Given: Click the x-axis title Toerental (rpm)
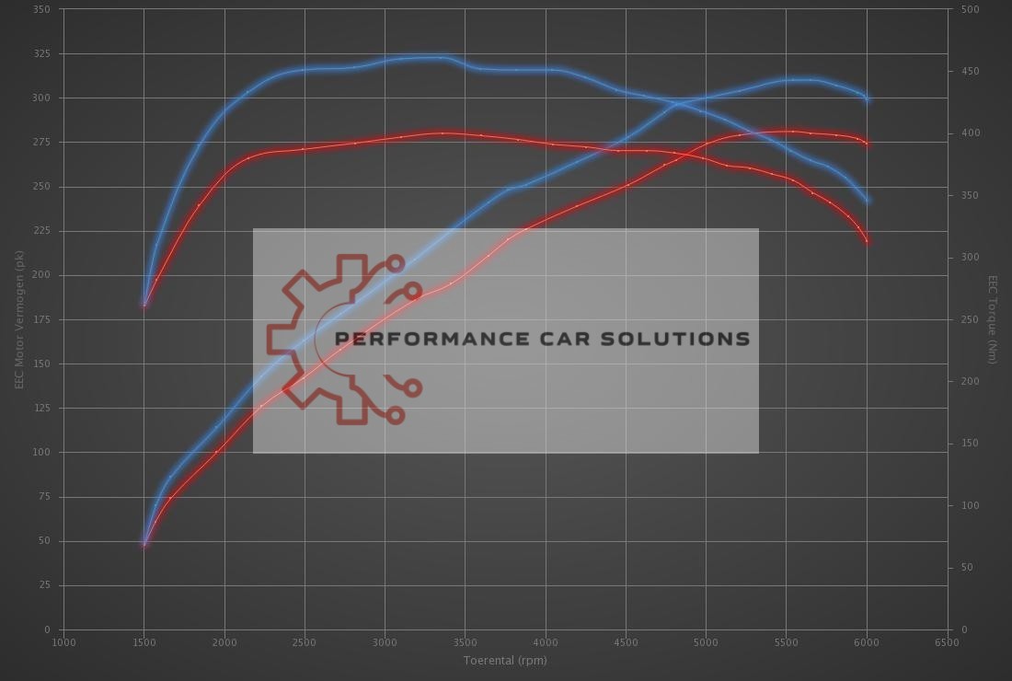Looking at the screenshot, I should click(x=504, y=660).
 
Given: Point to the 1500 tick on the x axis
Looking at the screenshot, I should click(x=144, y=642).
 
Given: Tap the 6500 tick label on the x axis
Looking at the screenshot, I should click(x=947, y=642).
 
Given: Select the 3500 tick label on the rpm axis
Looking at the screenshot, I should click(x=466, y=642).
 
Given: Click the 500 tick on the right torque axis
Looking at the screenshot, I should click(x=970, y=9).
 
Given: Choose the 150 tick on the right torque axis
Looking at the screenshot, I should click(x=970, y=444).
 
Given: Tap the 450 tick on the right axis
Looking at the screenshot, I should click(x=970, y=72).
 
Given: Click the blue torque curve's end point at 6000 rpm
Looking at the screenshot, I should click(x=868, y=201).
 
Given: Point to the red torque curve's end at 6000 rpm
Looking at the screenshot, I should click(x=868, y=241).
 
